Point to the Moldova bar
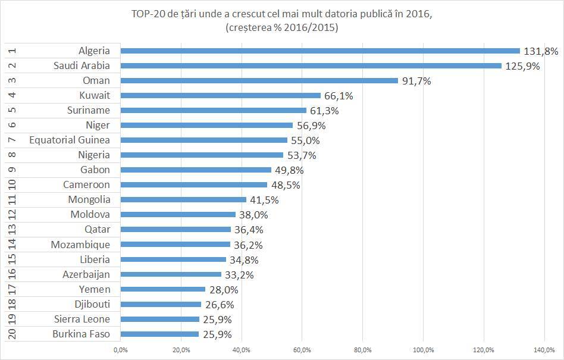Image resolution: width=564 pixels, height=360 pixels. [x=178, y=215]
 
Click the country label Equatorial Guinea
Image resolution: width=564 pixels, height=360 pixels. [x=70, y=140]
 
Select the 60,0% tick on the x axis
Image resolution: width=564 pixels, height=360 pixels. [x=302, y=349]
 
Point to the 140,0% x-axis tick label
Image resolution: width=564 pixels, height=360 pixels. [x=544, y=349]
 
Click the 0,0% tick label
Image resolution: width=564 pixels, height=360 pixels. [x=120, y=349]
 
